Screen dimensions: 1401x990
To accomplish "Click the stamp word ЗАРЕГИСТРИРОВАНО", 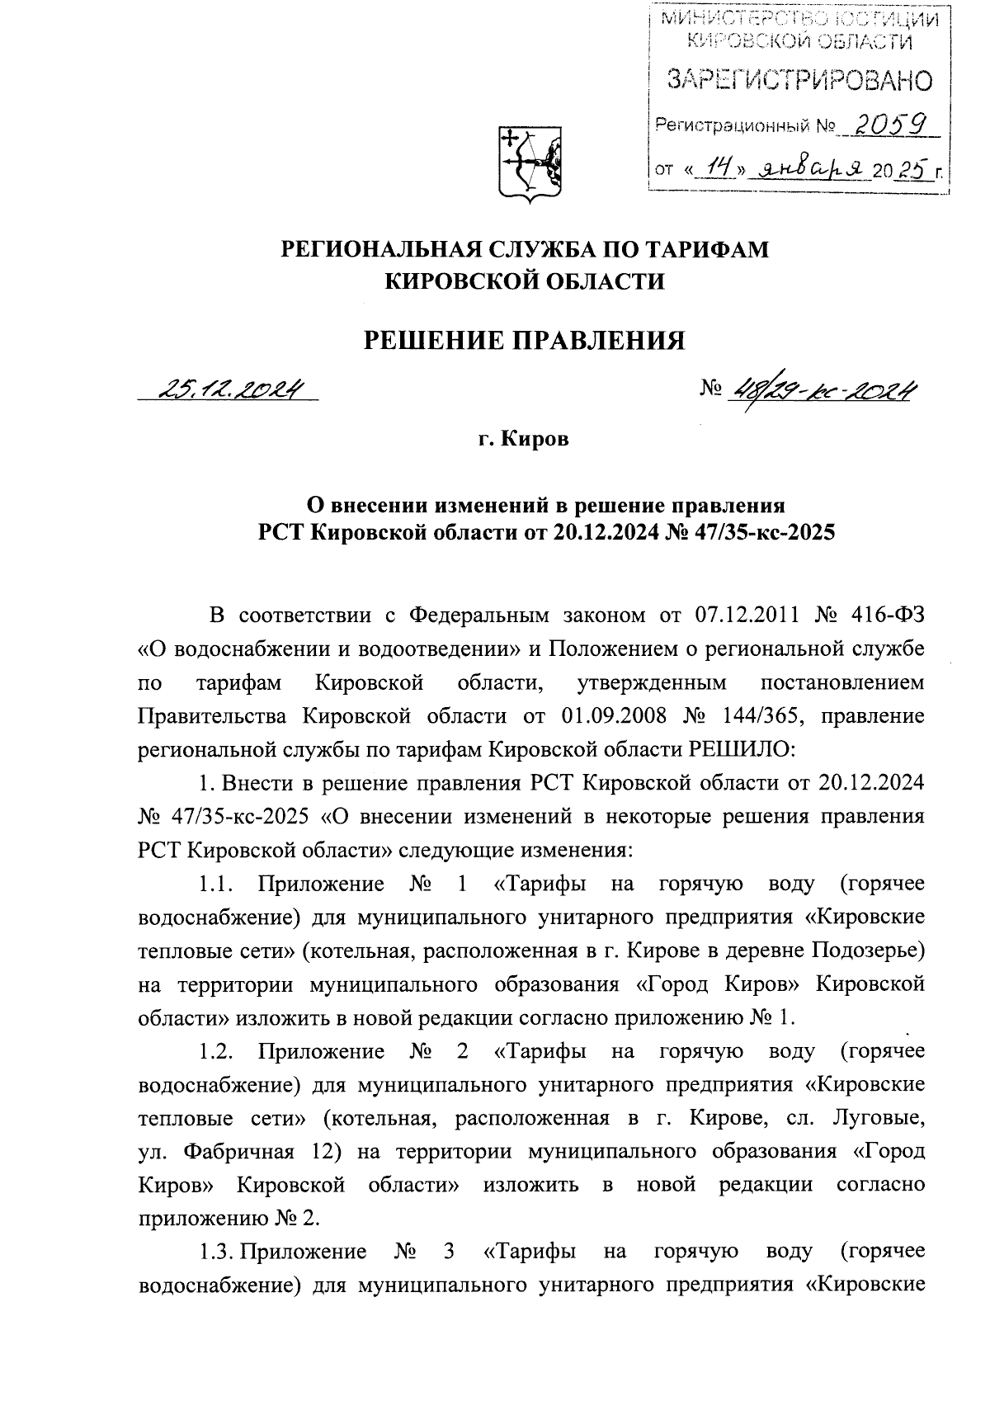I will coord(799,81).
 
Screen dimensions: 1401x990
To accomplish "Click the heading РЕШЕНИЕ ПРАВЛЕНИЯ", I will coord(525,340).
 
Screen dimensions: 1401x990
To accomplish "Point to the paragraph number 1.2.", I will coord(218,1051).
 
